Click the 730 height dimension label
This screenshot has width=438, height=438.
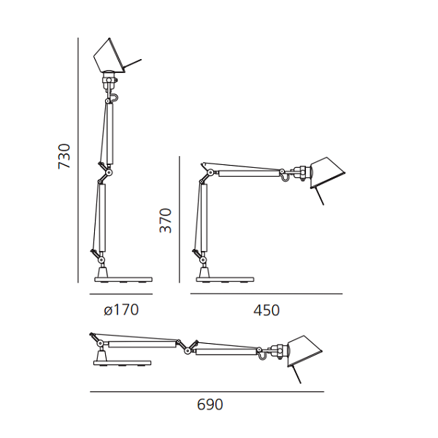tap(64, 156)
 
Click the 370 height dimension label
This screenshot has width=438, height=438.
tap(165, 220)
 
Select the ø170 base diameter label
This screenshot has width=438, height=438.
tap(121, 310)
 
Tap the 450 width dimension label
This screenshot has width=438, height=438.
tap(266, 310)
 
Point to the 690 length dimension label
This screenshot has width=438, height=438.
tap(210, 404)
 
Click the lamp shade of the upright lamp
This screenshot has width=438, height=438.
tap(109, 56)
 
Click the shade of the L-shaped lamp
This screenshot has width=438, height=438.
tap(328, 173)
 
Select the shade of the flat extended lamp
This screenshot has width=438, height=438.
tap(304, 351)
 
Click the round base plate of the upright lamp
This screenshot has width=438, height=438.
tap(123, 280)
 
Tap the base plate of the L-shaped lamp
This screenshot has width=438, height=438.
tap(225, 280)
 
